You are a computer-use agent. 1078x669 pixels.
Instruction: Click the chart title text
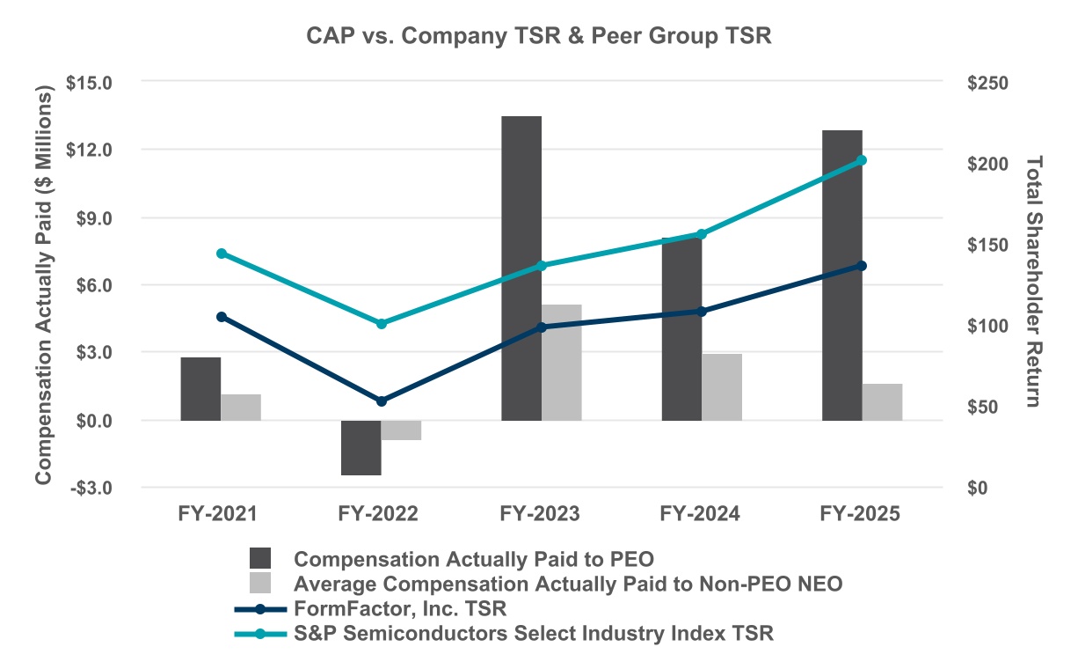point(537,36)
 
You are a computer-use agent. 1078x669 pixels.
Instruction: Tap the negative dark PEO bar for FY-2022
point(361,447)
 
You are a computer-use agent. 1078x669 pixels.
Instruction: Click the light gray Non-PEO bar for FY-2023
point(561,361)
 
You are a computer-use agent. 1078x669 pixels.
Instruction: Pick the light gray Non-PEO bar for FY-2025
point(882,401)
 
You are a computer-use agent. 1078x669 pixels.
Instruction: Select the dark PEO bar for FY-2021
point(200,388)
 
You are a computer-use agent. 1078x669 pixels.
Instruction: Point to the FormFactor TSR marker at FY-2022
point(381,401)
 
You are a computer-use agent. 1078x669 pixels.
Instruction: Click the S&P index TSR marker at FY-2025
point(862,160)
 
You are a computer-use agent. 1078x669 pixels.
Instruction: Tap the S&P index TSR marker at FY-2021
point(221,254)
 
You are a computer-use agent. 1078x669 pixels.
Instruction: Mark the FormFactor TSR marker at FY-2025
point(862,266)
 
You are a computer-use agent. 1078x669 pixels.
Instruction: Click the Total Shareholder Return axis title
point(1033,282)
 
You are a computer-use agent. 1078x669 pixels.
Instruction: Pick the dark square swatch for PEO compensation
point(260,559)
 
